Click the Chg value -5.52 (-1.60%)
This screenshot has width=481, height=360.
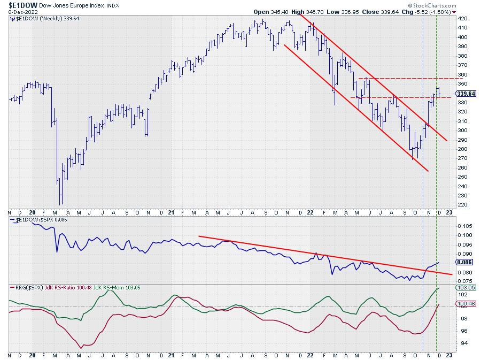[x=433, y=11]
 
